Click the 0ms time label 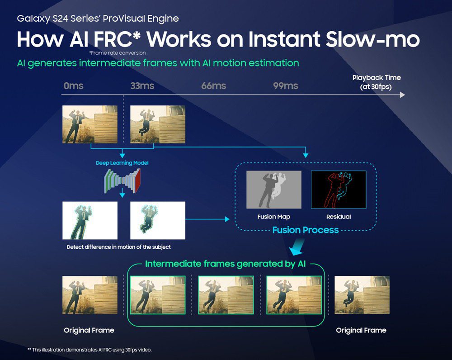pyautogui.click(x=74, y=85)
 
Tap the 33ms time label pyautogui.click(x=142, y=85)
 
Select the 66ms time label pyautogui.click(x=214, y=85)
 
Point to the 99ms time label pyautogui.click(x=285, y=85)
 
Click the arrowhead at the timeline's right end pyautogui.click(x=402, y=95)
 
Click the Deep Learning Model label pyautogui.click(x=122, y=163)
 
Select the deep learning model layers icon pyautogui.click(x=122, y=180)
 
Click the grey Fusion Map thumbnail pyautogui.click(x=274, y=189)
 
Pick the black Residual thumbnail pyautogui.click(x=339, y=189)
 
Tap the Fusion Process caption pyautogui.click(x=306, y=230)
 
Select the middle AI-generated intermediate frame pyautogui.click(x=226, y=295)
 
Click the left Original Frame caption pyautogui.click(x=89, y=330)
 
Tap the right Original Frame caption pyautogui.click(x=361, y=330)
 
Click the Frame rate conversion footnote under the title pyautogui.click(x=118, y=53)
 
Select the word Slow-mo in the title pyautogui.click(x=372, y=39)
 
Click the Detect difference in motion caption pyautogui.click(x=119, y=247)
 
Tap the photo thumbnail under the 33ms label pyautogui.click(x=158, y=124)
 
